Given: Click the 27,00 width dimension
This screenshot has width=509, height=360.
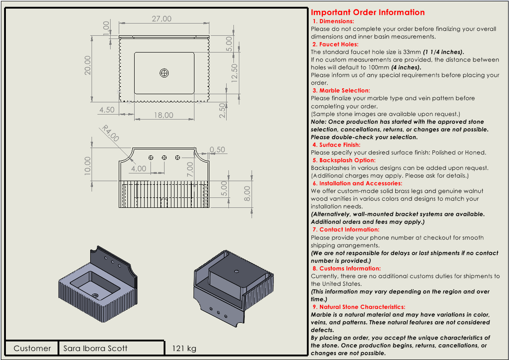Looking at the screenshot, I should click(x=161, y=19).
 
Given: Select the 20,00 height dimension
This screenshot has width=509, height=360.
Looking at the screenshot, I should click(x=87, y=65).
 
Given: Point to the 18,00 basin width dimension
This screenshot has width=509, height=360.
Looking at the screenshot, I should click(x=163, y=115).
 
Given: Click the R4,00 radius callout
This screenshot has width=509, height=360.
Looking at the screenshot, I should click(x=110, y=134).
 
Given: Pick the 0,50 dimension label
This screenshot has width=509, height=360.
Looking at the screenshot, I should click(x=218, y=149).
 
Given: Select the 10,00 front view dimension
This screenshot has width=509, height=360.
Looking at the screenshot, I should click(x=87, y=165).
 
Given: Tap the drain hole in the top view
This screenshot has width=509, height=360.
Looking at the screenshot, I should click(x=165, y=72).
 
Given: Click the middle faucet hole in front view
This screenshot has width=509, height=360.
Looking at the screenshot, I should click(x=165, y=157).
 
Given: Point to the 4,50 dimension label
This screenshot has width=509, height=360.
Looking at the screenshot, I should click(x=107, y=110).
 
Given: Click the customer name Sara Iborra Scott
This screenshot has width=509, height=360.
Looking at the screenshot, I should click(x=95, y=348).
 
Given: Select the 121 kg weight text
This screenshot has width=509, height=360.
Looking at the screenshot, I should click(x=184, y=348).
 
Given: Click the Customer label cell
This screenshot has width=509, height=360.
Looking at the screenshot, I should click(x=32, y=348).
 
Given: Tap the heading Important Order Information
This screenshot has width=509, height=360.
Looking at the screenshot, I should click(x=368, y=12).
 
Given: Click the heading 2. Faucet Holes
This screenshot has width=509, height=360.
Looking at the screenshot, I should click(x=335, y=44).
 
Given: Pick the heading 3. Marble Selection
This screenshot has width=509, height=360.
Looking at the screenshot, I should click(x=341, y=91).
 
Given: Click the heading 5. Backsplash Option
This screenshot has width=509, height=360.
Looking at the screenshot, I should click(x=344, y=160).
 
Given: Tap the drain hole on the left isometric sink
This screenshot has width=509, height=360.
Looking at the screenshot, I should click(x=96, y=295).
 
